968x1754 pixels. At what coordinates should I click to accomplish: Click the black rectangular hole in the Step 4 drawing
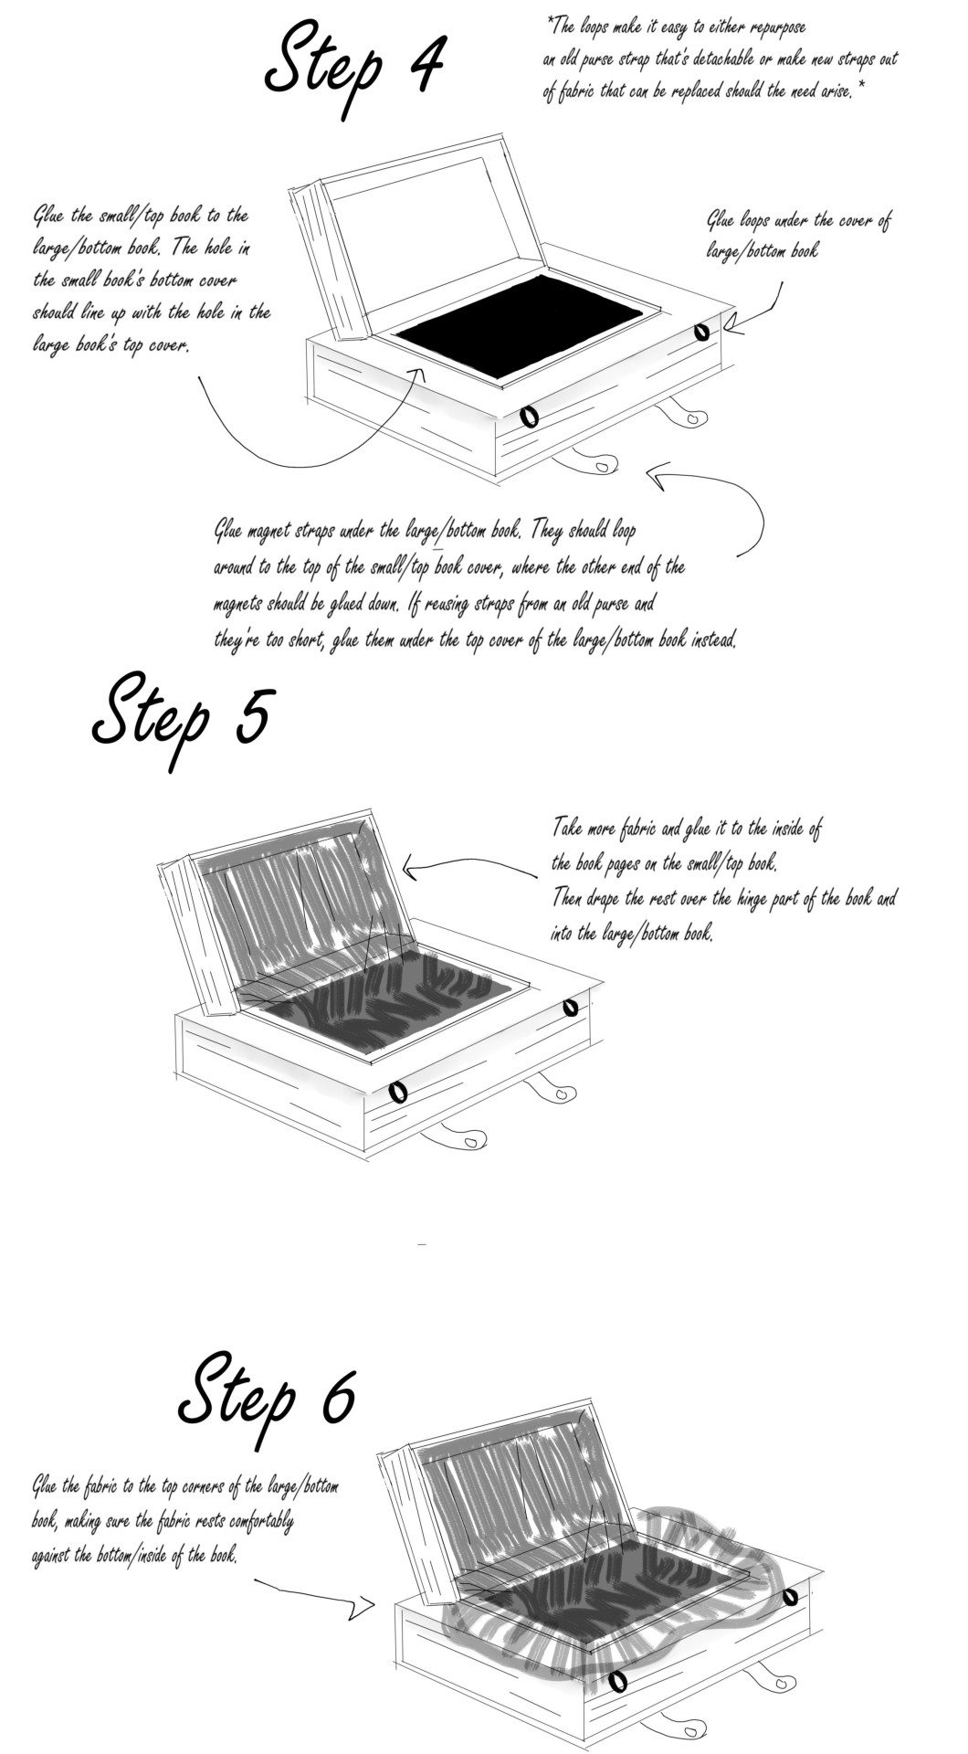coord(521,327)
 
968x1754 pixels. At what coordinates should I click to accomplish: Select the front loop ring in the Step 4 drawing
coord(528,417)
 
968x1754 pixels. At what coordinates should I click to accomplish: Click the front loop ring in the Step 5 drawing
coord(397,1091)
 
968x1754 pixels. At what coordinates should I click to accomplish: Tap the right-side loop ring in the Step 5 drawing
coord(570,1007)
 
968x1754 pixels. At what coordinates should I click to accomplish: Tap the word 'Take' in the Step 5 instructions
coord(569,829)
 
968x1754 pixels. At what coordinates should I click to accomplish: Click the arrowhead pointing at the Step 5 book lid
coord(413,867)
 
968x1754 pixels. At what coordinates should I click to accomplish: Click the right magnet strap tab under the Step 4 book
coord(685,416)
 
